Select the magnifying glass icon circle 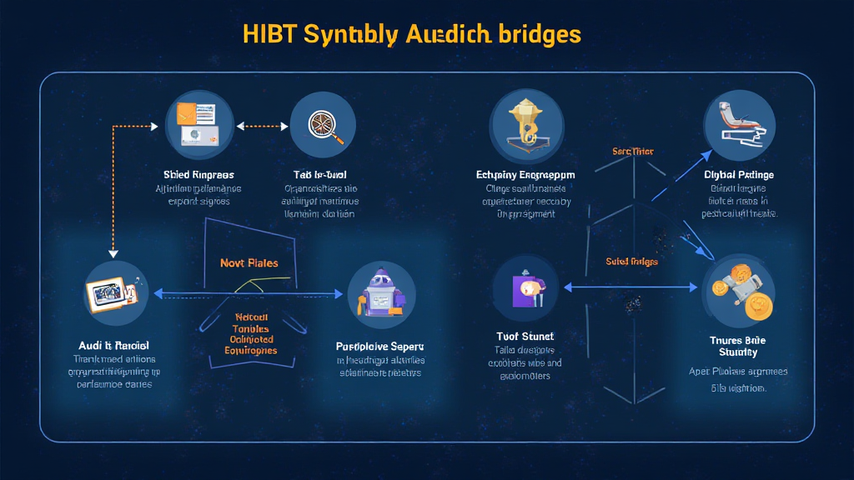(x=323, y=126)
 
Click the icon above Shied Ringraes (x=199, y=126)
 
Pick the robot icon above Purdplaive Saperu (x=381, y=295)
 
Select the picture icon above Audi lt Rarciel (x=116, y=294)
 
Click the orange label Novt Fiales (x=249, y=262)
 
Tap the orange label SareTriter (x=633, y=152)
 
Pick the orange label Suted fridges (x=633, y=262)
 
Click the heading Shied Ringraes (x=199, y=175)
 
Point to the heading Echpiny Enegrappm (x=525, y=175)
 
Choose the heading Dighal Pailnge (x=739, y=175)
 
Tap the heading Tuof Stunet (x=525, y=337)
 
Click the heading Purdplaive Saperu (x=380, y=345)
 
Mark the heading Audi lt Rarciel (x=115, y=345)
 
